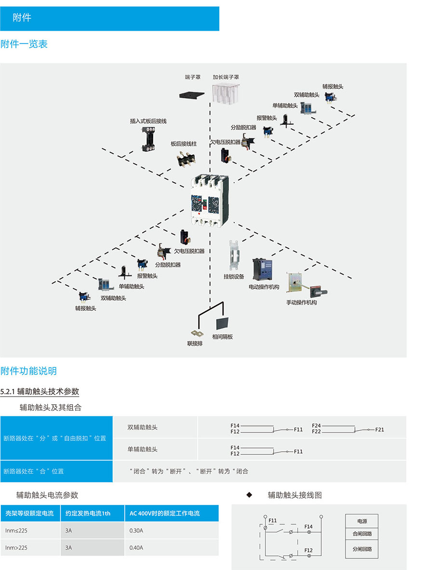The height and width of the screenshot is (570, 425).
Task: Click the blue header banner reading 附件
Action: [109, 18]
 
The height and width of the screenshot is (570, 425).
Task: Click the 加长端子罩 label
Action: [226, 77]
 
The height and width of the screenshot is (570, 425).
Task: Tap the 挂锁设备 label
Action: [234, 277]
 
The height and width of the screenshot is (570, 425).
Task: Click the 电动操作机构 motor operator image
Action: [263, 270]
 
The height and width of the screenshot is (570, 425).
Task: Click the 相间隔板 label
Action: [222, 337]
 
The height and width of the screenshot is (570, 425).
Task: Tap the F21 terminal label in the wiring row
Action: [380, 429]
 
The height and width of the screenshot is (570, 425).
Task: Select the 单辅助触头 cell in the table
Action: [143, 449]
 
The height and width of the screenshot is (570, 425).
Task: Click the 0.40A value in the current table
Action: [136, 547]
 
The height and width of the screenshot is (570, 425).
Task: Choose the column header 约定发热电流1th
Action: [88, 513]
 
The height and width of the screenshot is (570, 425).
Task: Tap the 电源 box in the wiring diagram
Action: [362, 521]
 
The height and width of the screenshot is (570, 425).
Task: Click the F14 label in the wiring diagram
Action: [309, 527]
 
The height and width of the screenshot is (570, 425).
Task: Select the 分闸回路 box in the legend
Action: [362, 549]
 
